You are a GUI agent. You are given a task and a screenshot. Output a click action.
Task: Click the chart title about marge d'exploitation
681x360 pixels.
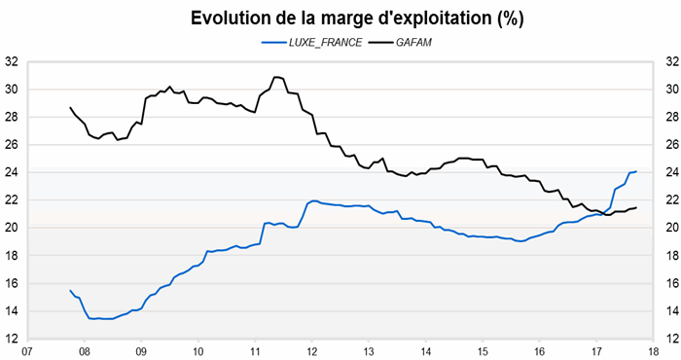(340, 18)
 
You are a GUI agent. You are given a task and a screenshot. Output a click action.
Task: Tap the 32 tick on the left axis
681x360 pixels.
(13, 61)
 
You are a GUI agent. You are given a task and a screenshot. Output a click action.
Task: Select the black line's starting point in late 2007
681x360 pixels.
(70, 107)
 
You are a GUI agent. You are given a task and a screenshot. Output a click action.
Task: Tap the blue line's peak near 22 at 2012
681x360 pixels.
(313, 200)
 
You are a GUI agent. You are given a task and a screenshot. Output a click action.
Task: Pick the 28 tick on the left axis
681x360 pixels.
(13, 117)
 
